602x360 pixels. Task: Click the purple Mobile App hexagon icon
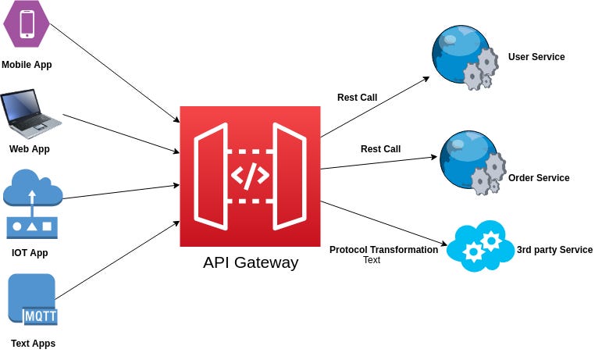pyautogui.click(x=26, y=23)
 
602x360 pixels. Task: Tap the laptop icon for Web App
pyautogui.click(x=30, y=113)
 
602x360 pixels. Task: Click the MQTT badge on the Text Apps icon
pyautogui.click(x=41, y=316)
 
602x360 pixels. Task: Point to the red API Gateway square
pyautogui.click(x=250, y=176)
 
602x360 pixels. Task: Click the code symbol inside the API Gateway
pyautogui.click(x=250, y=176)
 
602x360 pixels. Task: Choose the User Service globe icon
pyautogui.click(x=465, y=58)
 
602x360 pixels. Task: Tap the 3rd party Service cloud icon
pyautogui.click(x=480, y=246)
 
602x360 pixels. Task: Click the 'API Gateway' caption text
pyautogui.click(x=251, y=262)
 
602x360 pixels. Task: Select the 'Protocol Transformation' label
pyautogui.click(x=383, y=250)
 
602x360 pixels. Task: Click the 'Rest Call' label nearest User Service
pyautogui.click(x=357, y=98)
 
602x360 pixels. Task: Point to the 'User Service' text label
pyautogui.click(x=536, y=57)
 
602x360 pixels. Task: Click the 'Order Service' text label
pyautogui.click(x=539, y=178)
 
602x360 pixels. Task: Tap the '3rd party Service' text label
pyautogui.click(x=554, y=250)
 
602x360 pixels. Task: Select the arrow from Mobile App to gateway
pyautogui.click(x=115, y=73)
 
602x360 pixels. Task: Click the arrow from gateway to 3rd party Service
pyautogui.click(x=383, y=223)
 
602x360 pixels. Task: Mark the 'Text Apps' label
pyautogui.click(x=33, y=344)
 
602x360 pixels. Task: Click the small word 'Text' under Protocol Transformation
pyautogui.click(x=372, y=260)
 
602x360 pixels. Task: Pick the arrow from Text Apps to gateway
pyautogui.click(x=117, y=260)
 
